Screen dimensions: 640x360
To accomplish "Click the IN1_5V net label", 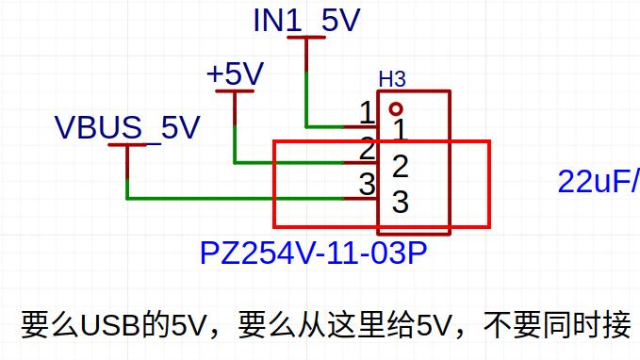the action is coord(306,20).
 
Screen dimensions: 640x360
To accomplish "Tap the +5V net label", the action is coord(235,74).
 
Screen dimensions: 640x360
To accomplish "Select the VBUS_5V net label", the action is coord(127,127).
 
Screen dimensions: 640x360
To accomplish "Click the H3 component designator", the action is coord(392,79).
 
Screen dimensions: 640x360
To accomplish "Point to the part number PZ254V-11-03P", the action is coord(313,254).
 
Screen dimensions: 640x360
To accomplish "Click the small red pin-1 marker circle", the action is coord(396,109).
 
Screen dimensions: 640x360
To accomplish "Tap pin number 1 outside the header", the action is coord(367,113).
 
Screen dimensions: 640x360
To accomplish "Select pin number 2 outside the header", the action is coord(367,149).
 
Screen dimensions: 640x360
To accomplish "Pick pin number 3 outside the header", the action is coord(367,184).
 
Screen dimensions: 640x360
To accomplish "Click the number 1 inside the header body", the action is coord(400,130).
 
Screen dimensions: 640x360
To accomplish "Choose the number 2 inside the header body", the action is coord(400,166).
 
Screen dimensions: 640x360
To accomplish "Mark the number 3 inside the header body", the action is coord(400,202).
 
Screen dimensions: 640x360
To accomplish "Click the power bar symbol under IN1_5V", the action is coord(306,37).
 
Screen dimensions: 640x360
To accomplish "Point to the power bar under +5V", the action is coord(235,91).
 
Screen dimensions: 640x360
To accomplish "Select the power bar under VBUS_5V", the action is coord(127,145).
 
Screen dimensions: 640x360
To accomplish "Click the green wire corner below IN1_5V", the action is coord(306,126).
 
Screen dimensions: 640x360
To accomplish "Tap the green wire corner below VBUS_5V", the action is coord(127,198).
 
